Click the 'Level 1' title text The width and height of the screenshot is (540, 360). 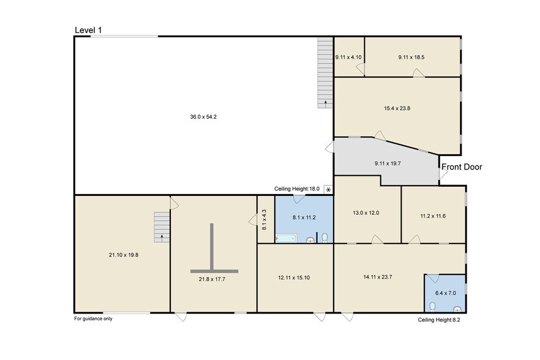88,30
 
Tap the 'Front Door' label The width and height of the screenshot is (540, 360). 462,167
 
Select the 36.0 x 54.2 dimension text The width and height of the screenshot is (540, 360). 203,116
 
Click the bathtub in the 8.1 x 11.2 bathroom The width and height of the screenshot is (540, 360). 286,238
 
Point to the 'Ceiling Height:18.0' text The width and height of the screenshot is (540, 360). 298,189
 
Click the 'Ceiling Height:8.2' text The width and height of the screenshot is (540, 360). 438,320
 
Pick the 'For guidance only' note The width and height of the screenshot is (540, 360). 93,318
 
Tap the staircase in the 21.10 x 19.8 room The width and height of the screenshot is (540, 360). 162,227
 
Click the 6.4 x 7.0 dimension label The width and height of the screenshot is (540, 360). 444,293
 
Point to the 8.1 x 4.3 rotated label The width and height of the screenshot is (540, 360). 264,219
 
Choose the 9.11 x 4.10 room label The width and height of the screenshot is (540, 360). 348,57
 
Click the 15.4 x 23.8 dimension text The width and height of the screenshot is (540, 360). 397,108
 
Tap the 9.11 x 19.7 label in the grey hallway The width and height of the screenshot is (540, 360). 387,163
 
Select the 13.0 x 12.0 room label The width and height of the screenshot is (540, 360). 367,213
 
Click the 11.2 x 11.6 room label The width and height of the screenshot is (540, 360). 432,216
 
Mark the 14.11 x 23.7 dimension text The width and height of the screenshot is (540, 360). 378,277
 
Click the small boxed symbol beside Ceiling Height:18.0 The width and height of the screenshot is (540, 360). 328,189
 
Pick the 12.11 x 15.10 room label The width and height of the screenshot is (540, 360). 294,277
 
